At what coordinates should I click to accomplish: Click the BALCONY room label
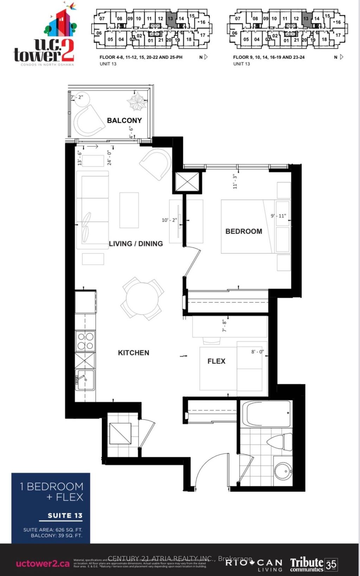124,120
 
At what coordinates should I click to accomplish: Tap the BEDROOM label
244,231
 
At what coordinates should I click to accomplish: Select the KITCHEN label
133,353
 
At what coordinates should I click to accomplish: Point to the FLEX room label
216,361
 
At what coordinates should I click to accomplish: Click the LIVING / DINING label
136,243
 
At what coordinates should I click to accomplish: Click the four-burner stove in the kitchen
85,341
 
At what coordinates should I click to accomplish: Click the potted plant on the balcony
137,101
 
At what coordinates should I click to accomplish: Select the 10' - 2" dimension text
169,220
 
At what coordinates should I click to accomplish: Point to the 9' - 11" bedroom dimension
278,216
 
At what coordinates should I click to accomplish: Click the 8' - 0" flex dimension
257,352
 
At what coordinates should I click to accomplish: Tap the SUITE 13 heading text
65,515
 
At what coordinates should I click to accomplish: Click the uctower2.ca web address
43,564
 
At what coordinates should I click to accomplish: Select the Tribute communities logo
313,564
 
